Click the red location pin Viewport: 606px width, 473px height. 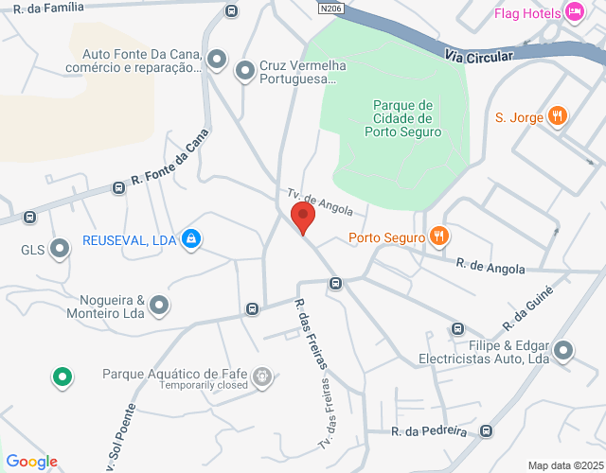[303, 217]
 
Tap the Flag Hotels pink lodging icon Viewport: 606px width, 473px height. [575, 12]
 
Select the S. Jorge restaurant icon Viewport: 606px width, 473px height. [559, 117]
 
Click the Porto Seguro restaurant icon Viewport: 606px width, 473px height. [437, 236]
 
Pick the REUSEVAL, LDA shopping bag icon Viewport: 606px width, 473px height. [191, 239]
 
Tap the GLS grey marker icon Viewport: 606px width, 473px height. [61, 250]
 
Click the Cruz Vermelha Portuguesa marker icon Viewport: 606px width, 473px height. [245, 70]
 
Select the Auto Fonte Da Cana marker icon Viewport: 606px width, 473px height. [217, 61]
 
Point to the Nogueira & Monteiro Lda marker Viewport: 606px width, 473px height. [159, 305]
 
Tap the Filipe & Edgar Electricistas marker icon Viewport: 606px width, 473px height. [564, 352]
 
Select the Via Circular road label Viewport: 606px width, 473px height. [478, 57]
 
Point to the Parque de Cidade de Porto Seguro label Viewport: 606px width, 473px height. [402, 118]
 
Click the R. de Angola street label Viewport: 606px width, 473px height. [490, 268]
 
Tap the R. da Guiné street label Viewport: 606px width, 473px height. [532, 300]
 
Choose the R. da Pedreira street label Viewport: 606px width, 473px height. [430, 431]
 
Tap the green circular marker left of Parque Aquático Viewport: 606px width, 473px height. [63, 377]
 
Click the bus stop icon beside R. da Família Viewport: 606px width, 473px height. [231, 10]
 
